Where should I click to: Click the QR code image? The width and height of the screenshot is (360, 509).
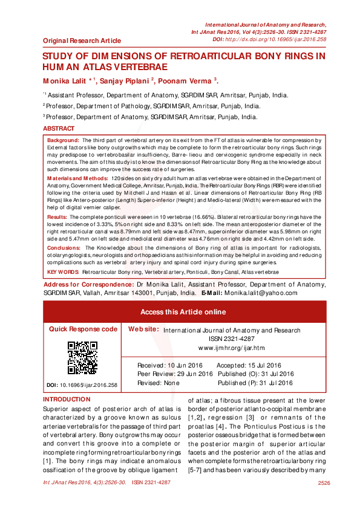click(82, 358)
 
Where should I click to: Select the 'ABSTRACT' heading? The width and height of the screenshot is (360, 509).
click(59, 129)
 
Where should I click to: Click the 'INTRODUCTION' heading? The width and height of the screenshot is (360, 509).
click(67, 400)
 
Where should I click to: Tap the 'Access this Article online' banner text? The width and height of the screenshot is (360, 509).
click(183, 312)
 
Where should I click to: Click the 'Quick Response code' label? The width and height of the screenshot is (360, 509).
click(83, 329)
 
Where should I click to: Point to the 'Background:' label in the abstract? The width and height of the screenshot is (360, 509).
click(62, 140)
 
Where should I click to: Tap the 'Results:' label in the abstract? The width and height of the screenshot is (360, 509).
click(57, 216)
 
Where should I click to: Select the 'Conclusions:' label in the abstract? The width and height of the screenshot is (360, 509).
click(63, 247)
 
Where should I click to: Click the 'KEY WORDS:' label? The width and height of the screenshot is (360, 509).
click(63, 273)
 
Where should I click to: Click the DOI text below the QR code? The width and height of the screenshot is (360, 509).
click(82, 384)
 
